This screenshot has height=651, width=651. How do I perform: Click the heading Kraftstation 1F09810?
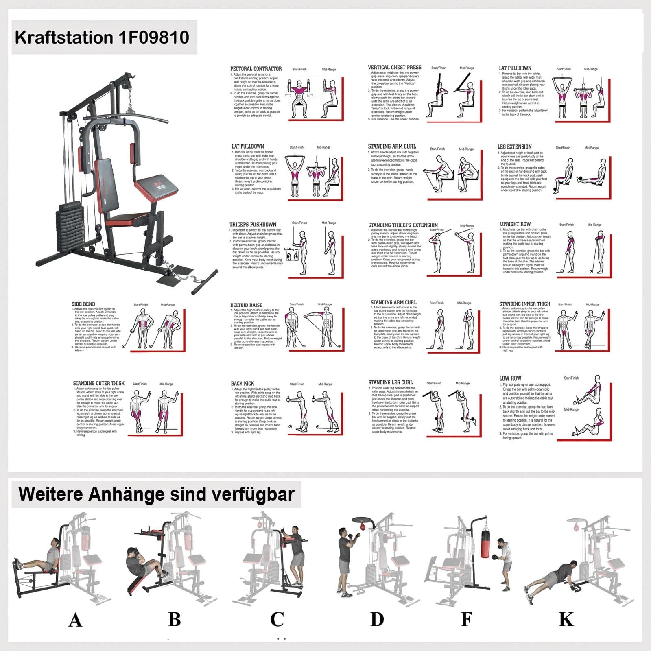click(x=102, y=37)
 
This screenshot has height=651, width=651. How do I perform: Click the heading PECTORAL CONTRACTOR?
click(x=256, y=69)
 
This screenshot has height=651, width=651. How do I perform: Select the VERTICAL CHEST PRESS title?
click(x=395, y=67)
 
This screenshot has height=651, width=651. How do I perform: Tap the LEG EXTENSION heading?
click(x=514, y=146)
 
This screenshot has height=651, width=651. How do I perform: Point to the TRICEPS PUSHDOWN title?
click(x=253, y=224)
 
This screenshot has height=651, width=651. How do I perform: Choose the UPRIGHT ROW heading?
click(x=515, y=224)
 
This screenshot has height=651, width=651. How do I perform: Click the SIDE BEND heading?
click(x=83, y=304)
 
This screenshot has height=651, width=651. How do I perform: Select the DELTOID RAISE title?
click(x=246, y=305)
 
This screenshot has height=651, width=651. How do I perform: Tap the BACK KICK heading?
click(x=242, y=383)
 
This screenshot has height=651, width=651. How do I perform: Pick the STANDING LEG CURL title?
click(x=391, y=382)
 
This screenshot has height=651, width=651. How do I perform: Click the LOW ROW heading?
click(x=510, y=378)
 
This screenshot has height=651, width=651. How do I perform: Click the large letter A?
click(x=75, y=620)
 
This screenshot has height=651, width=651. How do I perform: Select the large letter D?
click(x=377, y=619)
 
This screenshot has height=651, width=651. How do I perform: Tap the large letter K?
click(x=566, y=619)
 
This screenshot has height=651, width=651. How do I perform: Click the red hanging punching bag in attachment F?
click(x=485, y=544)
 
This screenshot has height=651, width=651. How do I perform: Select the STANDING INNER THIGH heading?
click(x=524, y=304)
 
